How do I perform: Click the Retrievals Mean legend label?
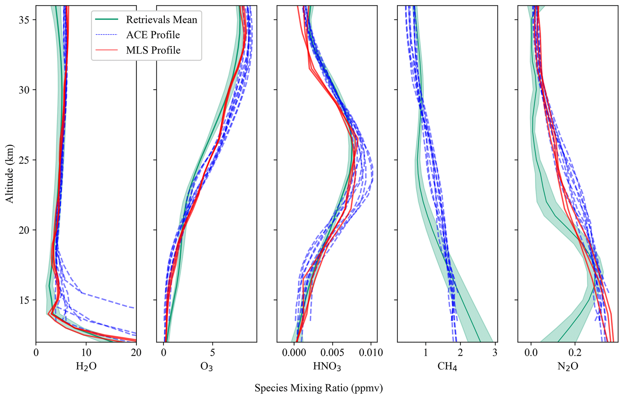[162, 20]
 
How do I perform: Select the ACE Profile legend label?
[153, 35]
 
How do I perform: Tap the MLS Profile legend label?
[153, 50]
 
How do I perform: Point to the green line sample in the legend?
[107, 19]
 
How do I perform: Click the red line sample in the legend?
[107, 50]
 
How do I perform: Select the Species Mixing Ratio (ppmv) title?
[318, 388]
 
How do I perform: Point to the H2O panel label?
[86, 367]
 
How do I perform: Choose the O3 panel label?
[206, 367]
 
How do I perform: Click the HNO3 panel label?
[327, 367]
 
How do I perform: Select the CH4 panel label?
[447, 367]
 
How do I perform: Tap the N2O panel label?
[568, 367]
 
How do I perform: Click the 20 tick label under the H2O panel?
[136, 352]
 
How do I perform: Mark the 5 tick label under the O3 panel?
[213, 352]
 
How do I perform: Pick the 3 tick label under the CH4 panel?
[494, 352]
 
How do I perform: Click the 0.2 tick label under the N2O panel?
[575, 352]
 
